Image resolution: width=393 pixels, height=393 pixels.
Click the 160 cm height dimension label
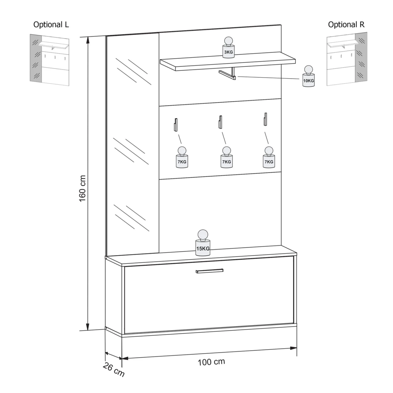(x=83, y=189)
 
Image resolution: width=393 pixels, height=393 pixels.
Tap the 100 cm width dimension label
(x=211, y=362)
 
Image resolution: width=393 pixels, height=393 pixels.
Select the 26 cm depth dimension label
(x=113, y=369)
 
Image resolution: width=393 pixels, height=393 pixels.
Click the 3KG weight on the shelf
(x=228, y=47)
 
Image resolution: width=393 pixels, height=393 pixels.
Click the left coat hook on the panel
(x=175, y=124)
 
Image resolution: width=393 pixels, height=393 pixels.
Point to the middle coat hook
(x=220, y=122)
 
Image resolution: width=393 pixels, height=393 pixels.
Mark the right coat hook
(x=265, y=119)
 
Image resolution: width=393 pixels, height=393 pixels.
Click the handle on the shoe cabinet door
(x=210, y=271)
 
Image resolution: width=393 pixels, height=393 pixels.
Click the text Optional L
(x=51, y=25)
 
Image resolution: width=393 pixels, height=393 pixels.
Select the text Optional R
(x=346, y=25)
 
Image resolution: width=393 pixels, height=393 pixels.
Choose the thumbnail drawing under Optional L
(x=50, y=60)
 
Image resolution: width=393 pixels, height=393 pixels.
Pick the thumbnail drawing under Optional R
(x=347, y=59)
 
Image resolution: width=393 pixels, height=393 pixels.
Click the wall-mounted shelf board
(x=228, y=61)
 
